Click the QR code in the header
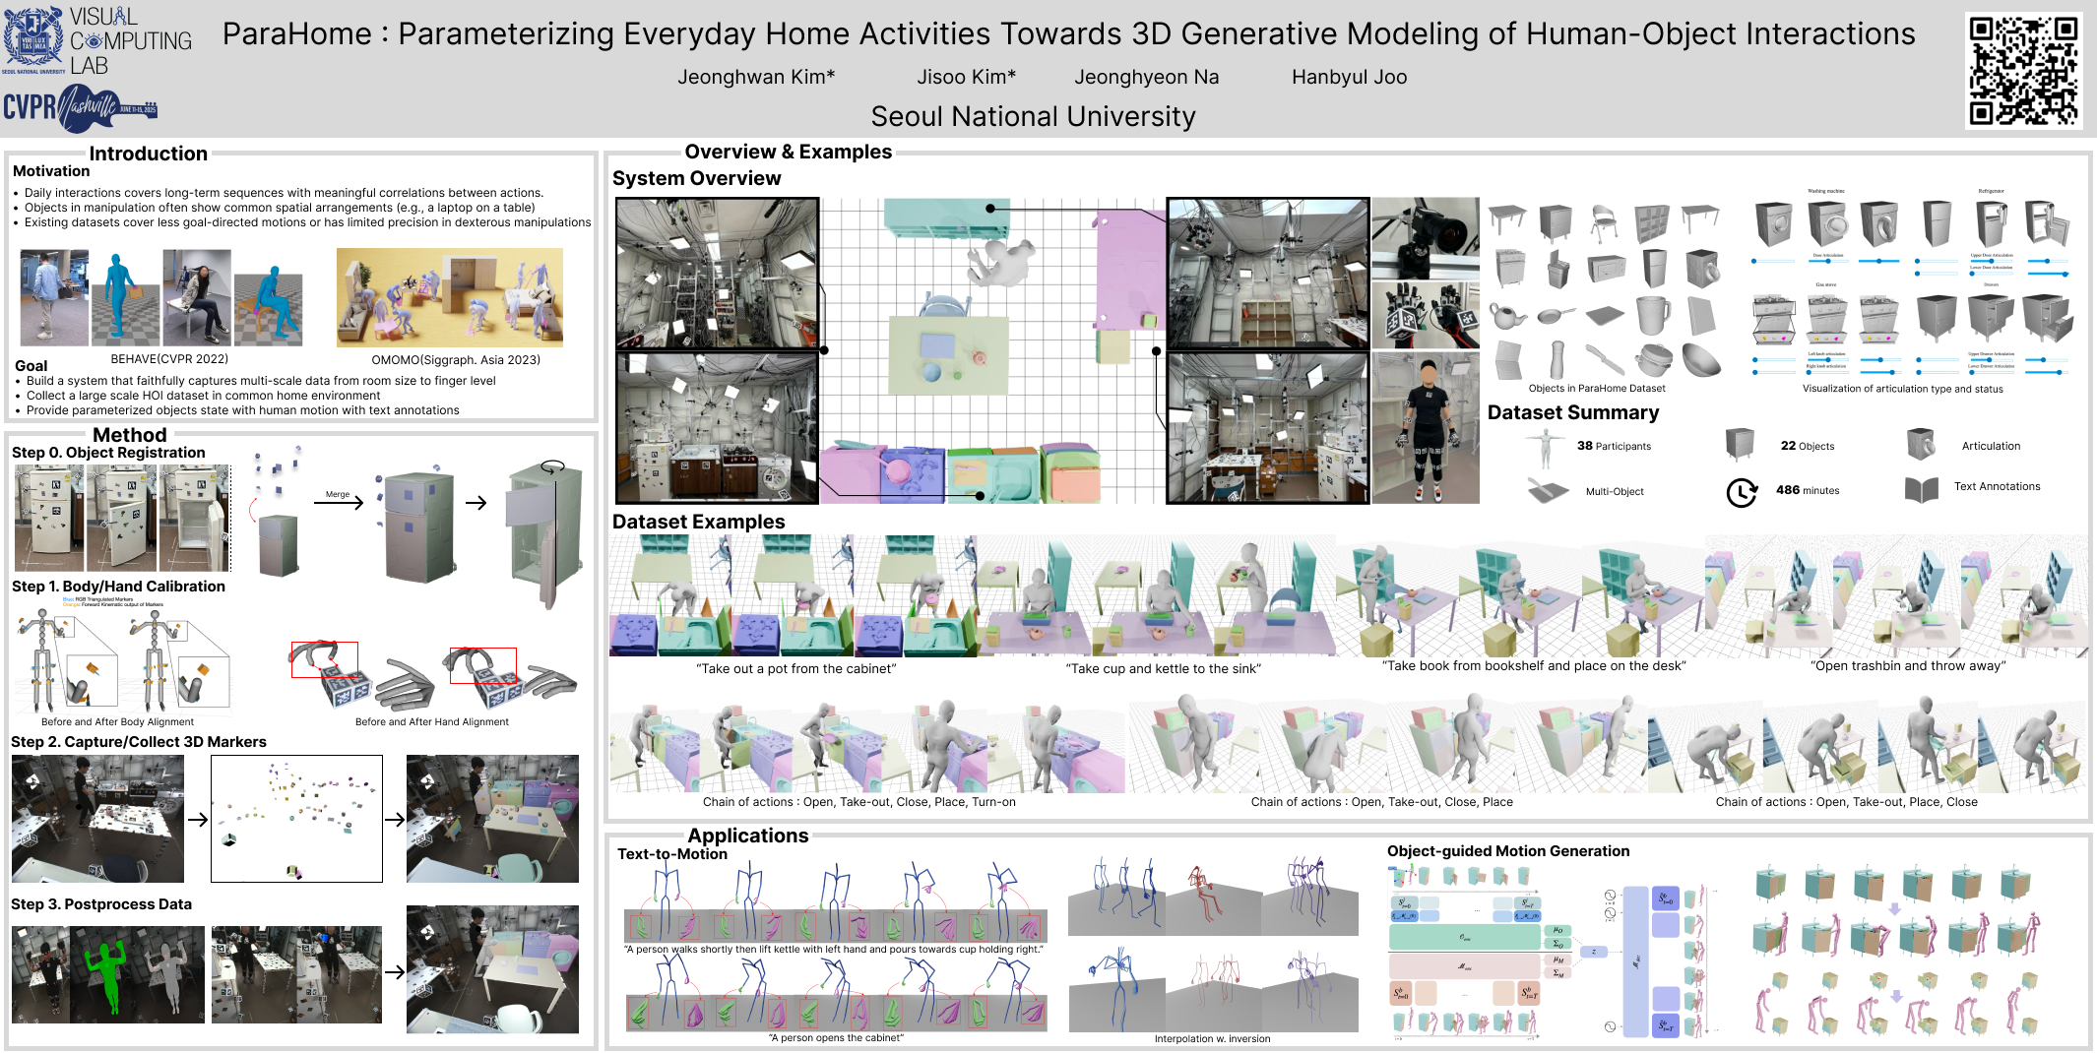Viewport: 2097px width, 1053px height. tap(2023, 70)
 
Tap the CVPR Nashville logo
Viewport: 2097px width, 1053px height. tap(80, 107)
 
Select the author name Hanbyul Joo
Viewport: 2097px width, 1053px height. tap(1349, 77)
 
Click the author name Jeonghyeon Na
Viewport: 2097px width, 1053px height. tap(1146, 77)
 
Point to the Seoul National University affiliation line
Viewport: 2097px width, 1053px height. tap(1033, 117)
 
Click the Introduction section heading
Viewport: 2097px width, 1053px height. tap(148, 154)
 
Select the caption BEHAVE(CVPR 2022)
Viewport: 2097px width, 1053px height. tap(169, 359)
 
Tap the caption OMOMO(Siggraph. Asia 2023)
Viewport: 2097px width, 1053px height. tap(456, 359)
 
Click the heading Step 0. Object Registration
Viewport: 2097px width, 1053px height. tap(108, 453)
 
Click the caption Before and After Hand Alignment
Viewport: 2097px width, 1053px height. tap(431, 721)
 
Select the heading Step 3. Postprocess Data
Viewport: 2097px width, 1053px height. tap(101, 904)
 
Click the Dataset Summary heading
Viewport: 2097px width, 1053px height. tap(1572, 412)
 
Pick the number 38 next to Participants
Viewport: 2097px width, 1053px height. tap(1584, 446)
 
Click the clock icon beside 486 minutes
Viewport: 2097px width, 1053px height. tap(1741, 492)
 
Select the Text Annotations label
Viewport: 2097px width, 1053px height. tap(1997, 486)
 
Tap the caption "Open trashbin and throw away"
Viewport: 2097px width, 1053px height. tap(1907, 666)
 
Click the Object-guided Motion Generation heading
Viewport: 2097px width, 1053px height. tap(1507, 851)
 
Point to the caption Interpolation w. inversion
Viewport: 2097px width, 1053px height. tap(1212, 1038)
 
